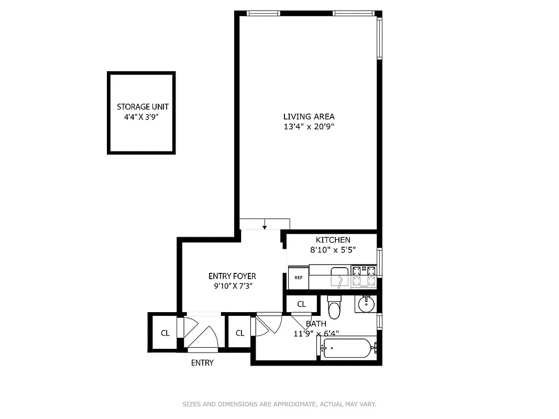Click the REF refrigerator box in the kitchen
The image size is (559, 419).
(298, 278)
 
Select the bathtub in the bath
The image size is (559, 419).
(347, 348)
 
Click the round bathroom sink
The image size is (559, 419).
(365, 303)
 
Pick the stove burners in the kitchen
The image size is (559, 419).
(364, 276)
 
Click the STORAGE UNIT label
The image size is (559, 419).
(143, 107)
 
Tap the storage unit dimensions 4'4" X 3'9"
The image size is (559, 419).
(141, 117)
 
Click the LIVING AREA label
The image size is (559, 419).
(309, 117)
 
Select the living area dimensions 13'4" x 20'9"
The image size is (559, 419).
(309, 126)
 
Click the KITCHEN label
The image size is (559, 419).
(333, 240)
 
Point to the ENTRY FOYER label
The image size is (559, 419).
(232, 276)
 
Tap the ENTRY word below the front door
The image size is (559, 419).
(202, 362)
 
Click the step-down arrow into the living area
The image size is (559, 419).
(265, 225)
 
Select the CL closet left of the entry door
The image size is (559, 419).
(165, 333)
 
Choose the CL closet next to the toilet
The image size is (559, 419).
(302, 304)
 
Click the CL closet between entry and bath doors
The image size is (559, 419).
(240, 333)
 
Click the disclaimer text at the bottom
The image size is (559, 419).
(279, 404)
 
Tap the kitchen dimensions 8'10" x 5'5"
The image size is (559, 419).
(333, 250)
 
